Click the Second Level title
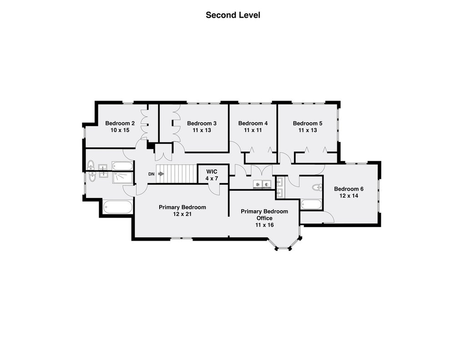233,15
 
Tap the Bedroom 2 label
120,123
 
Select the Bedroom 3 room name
202,123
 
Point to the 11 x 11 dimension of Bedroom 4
253,130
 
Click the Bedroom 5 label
308,123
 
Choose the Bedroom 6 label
349,189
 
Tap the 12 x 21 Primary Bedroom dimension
182,214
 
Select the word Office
264,218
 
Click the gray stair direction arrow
161,173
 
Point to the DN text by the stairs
152,174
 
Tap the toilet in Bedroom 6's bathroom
317,187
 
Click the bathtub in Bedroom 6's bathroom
311,204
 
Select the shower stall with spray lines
123,177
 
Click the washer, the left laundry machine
258,184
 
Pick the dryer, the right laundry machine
267,184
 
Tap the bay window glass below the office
283,248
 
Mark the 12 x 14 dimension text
349,196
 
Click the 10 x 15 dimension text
120,130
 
